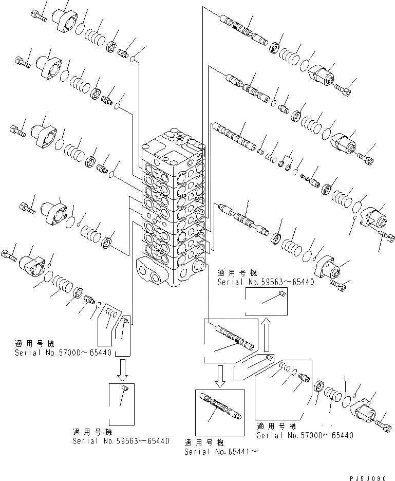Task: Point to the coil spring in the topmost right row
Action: [291, 55]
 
